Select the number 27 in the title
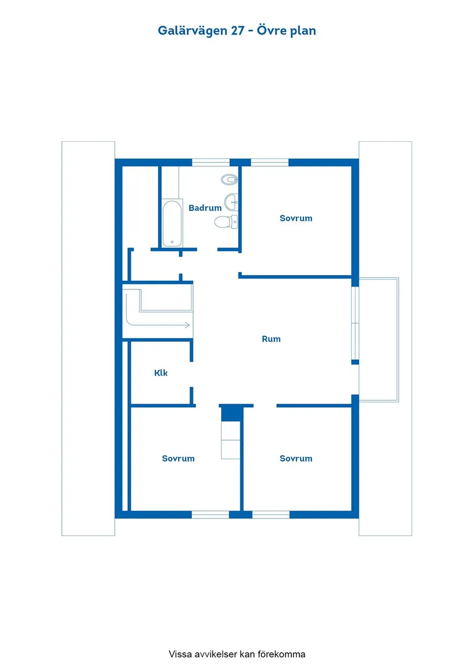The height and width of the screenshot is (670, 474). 237,31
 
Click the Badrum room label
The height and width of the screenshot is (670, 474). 205,208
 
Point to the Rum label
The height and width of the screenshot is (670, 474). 271,339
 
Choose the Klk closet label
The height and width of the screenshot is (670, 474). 161,373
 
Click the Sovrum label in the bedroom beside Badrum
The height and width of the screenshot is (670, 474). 296,218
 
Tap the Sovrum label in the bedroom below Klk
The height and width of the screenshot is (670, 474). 178,459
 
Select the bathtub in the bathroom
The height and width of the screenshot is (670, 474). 172,223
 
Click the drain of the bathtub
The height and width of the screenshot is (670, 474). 172,242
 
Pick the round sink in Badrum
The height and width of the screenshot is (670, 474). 232,202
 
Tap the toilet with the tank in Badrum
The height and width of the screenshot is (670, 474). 226,222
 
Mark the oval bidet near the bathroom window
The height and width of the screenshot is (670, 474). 230,180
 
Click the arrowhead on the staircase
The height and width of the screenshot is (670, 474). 187,325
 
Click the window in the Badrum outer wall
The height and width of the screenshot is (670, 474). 211,162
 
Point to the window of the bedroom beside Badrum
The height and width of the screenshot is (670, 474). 270,162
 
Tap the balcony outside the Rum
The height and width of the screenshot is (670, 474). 379,340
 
